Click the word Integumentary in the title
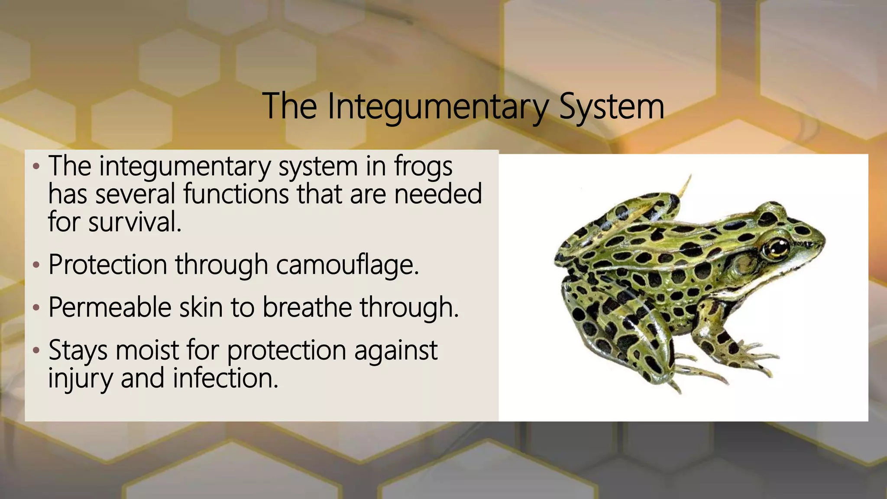tap(437, 107)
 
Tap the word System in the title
tap(611, 107)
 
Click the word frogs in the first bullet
tap(423, 166)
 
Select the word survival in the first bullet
tap(134, 222)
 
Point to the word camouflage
tap(347, 265)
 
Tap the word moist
tap(147, 350)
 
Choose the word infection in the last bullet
tap(225, 378)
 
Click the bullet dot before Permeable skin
tap(36, 308)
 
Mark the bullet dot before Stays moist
tap(36, 350)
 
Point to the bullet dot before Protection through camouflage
tap(36, 265)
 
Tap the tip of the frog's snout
tap(823, 237)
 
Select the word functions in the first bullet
tap(236, 194)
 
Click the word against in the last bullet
tap(395, 350)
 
